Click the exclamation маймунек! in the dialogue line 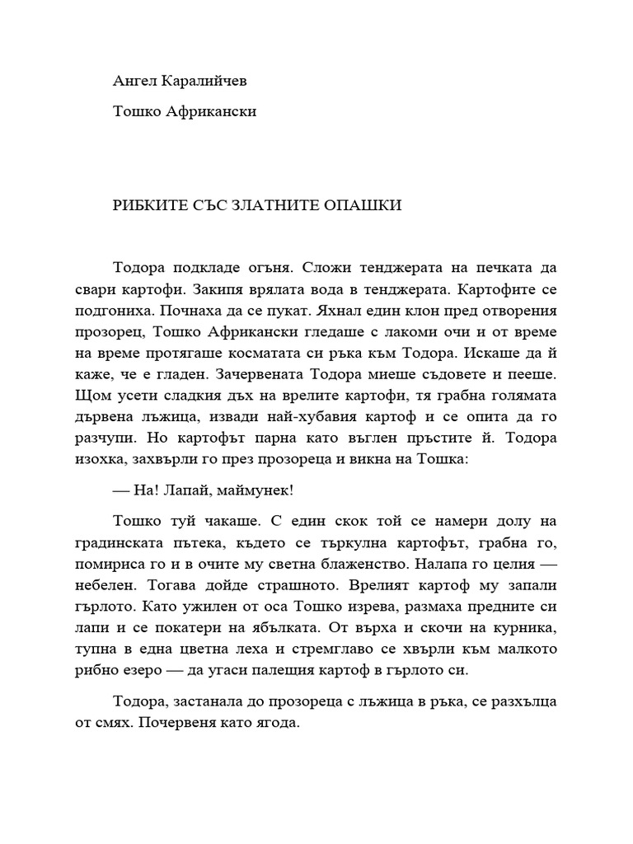(x=258, y=490)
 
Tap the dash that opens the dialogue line (x=120, y=490)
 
